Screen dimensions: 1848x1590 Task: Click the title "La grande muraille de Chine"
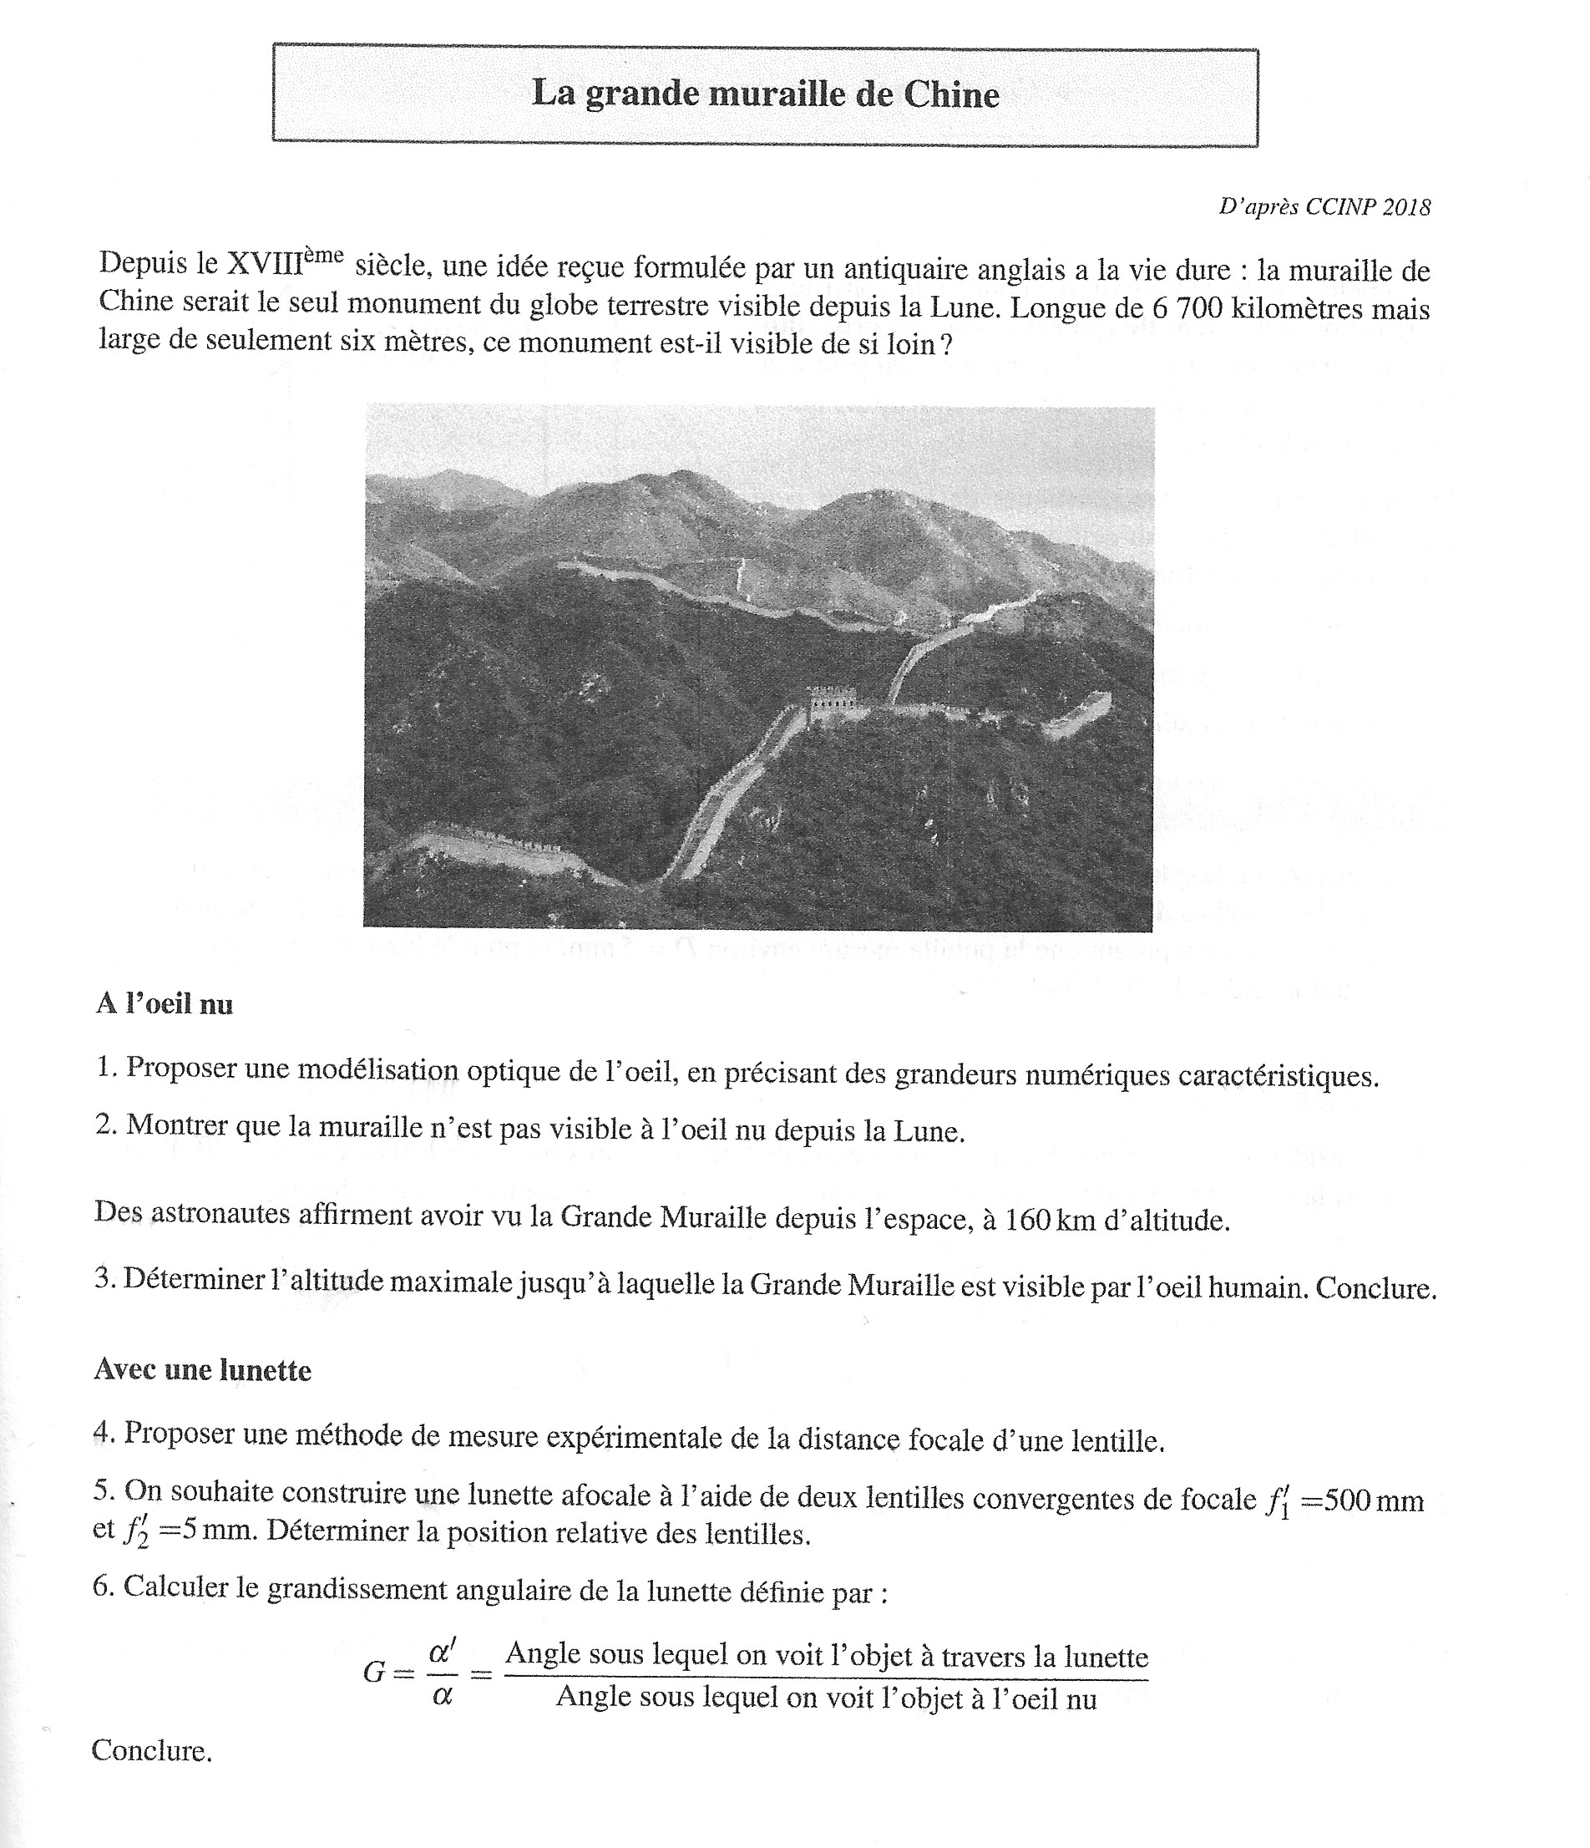[x=765, y=94]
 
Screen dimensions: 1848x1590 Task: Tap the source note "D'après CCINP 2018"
[x=1324, y=207]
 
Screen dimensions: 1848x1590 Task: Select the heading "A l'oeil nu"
[x=165, y=1004]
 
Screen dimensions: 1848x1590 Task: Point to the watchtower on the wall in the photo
[x=832, y=702]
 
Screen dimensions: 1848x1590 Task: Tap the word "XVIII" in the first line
[x=265, y=265]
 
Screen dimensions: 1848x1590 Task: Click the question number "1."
[x=107, y=1068]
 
